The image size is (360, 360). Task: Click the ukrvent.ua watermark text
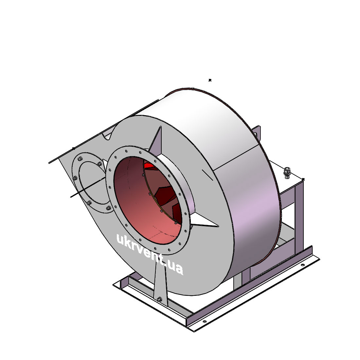[x=150, y=254]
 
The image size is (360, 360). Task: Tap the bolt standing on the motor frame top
[x=286, y=173]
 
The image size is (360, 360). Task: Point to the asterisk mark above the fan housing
[x=210, y=80]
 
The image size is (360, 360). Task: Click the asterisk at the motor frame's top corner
[x=303, y=179]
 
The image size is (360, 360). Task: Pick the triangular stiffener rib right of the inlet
[x=204, y=221]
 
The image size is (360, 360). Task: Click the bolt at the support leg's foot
[x=159, y=299]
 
